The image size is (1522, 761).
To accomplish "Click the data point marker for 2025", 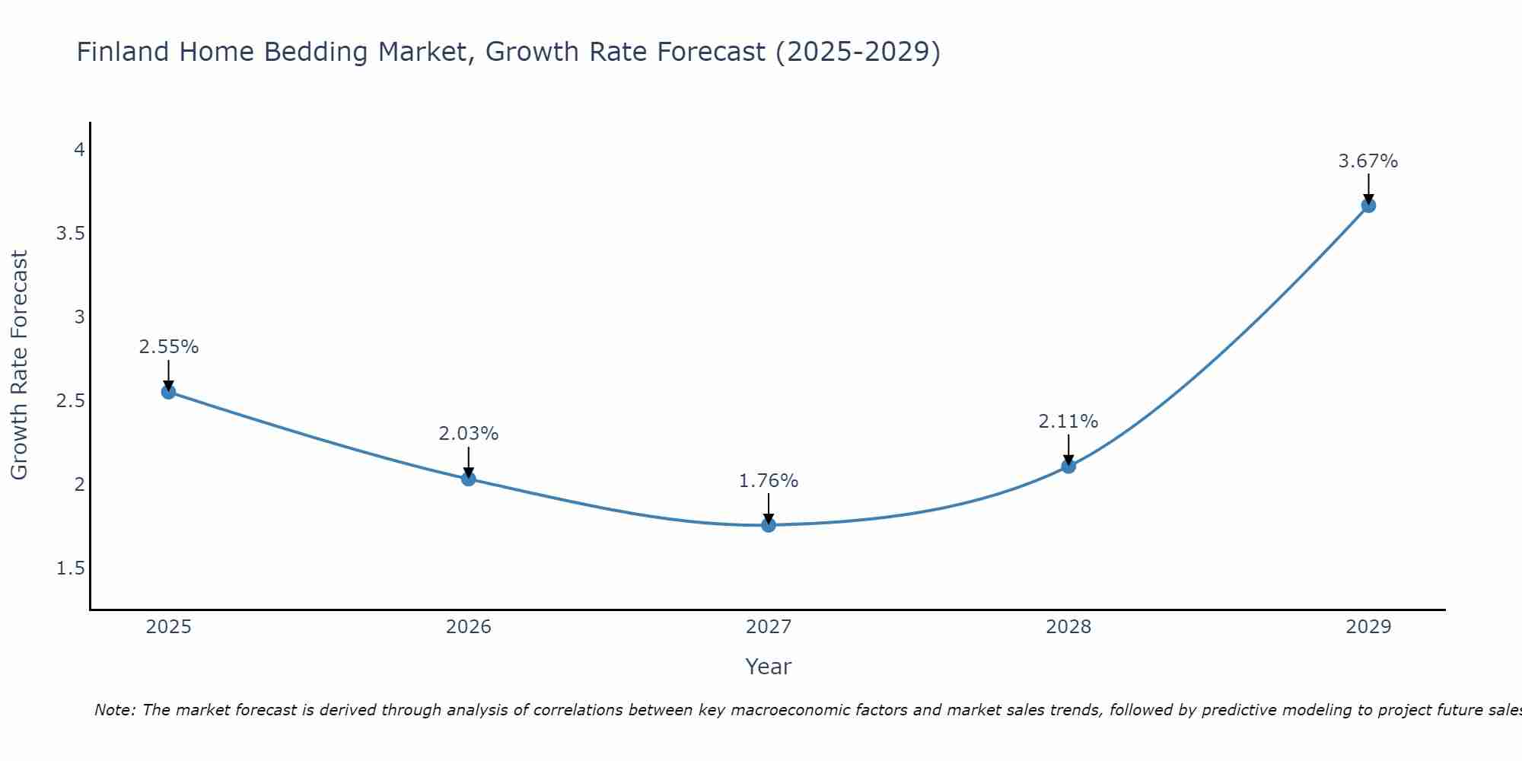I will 168,392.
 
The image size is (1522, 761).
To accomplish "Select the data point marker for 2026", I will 469,479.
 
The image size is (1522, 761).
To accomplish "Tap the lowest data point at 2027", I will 769,524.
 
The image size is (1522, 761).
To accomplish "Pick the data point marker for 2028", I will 1068,466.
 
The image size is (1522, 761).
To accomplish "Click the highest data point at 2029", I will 1368,205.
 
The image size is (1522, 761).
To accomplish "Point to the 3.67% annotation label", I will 1368,161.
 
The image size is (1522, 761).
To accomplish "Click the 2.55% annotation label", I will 168,347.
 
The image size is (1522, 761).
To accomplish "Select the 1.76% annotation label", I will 769,481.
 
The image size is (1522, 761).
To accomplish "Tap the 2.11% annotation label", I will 1068,422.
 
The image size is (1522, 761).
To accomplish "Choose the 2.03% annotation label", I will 469,434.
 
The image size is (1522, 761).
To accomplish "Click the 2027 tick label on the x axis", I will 769,627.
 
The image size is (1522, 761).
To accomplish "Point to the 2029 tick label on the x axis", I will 1368,627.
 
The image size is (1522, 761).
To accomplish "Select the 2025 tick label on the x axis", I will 168,627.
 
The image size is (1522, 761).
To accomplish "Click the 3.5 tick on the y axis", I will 70,234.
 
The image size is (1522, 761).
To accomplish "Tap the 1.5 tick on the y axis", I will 70,568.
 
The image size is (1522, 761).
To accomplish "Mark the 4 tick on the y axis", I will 79,150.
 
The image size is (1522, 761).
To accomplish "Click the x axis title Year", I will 769,667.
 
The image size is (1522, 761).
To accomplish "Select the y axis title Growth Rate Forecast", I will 19,365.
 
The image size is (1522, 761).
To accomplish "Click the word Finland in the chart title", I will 123,53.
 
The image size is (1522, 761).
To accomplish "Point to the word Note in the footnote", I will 114,710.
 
